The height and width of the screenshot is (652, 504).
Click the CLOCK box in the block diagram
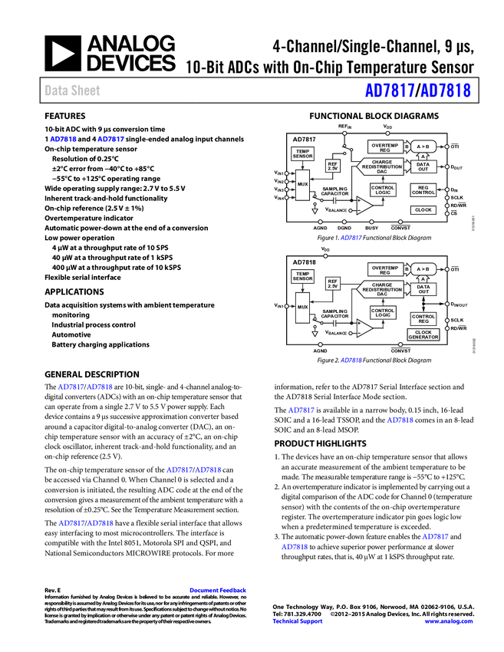[x=423, y=210]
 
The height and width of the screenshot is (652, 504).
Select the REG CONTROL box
[x=423, y=190]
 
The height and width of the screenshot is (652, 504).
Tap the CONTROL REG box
[x=423, y=318]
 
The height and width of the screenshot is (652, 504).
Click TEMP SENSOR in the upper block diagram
[x=302, y=153]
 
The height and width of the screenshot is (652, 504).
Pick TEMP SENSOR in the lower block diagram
[x=302, y=276]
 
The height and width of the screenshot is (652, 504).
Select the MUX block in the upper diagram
[x=302, y=184]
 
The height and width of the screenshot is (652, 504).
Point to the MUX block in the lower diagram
[x=302, y=307]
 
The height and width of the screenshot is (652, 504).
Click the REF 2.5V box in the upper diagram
[x=332, y=166]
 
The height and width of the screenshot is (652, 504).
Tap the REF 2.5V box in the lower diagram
[x=332, y=283]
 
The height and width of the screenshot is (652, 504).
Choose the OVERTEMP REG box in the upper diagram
[x=384, y=146]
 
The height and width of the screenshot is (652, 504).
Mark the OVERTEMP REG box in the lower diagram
[x=384, y=269]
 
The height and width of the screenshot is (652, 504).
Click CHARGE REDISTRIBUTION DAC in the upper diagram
[x=381, y=166]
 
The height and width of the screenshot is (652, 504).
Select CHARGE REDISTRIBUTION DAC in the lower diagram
[x=381, y=289]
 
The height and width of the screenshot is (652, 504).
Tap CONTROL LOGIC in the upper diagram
[x=383, y=189]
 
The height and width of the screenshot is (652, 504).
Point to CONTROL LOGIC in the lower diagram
[x=383, y=313]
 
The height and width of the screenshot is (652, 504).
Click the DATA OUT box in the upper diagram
[x=423, y=166]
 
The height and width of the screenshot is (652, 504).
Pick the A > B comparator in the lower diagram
[x=423, y=269]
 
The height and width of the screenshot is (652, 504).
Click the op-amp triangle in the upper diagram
[x=364, y=205]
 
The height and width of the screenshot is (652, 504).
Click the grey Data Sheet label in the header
[x=73, y=91]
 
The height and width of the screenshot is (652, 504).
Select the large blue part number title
[x=417, y=91]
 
